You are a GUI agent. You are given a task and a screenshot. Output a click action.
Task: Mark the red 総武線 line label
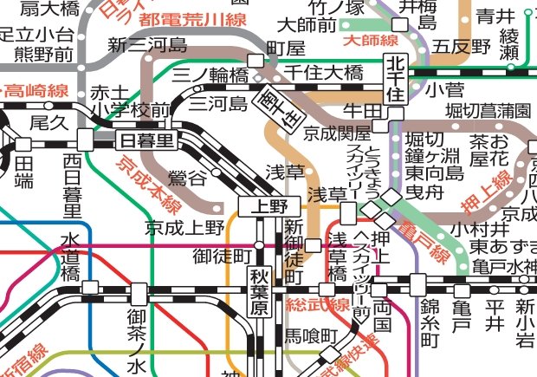click(321, 305)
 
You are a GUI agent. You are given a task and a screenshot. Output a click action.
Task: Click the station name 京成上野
click(184, 228)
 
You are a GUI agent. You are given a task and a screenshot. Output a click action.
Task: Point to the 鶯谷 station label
click(191, 179)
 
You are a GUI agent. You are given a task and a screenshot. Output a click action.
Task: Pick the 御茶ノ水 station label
click(139, 329)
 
